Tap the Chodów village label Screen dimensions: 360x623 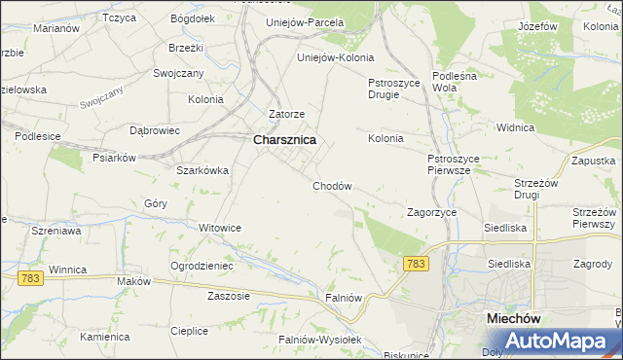coord(331,186)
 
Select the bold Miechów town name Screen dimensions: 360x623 coord(513,318)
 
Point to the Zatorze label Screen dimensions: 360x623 coord(287,114)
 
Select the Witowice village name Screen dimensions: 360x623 coord(219,228)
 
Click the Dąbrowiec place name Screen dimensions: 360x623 coord(155,129)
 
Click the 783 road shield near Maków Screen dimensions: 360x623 coord(29,278)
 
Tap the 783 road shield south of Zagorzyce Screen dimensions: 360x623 coord(416,264)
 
